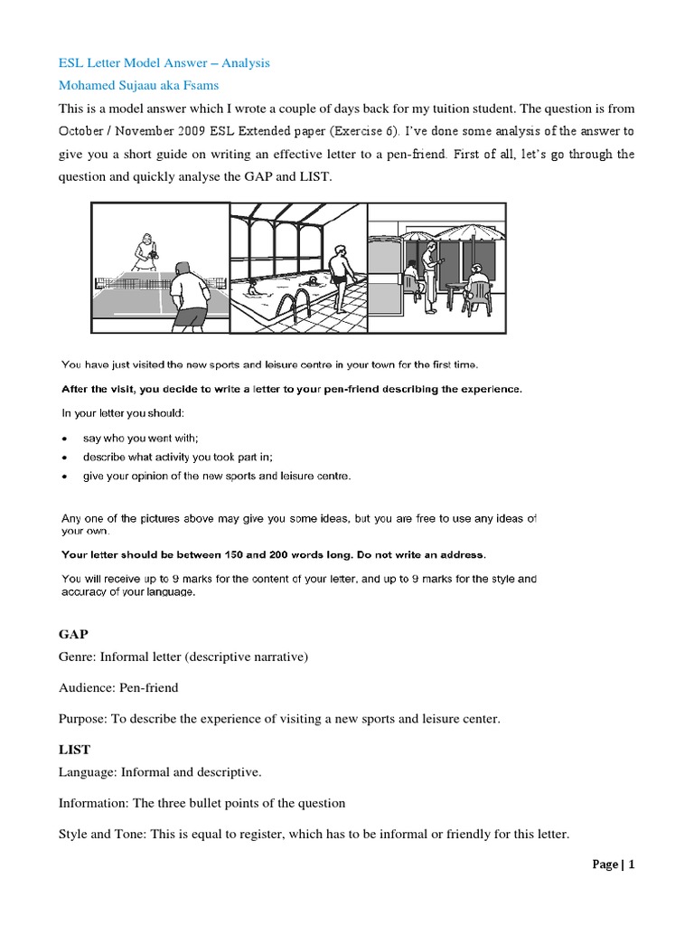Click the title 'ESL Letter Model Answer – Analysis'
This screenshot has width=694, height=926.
click(x=164, y=63)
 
